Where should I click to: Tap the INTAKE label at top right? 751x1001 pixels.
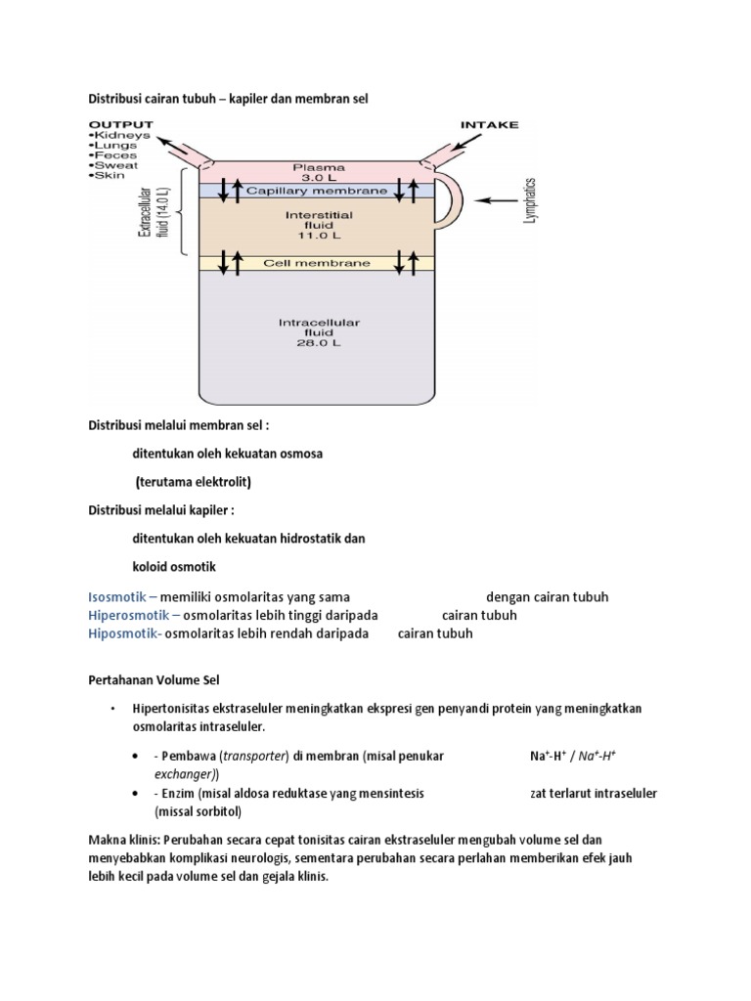tap(489, 125)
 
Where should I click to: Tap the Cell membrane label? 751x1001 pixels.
tap(316, 263)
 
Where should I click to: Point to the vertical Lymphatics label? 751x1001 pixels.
tap(530, 201)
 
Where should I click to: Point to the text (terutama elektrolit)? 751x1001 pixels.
tap(194, 482)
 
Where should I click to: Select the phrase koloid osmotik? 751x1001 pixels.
tap(176, 566)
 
